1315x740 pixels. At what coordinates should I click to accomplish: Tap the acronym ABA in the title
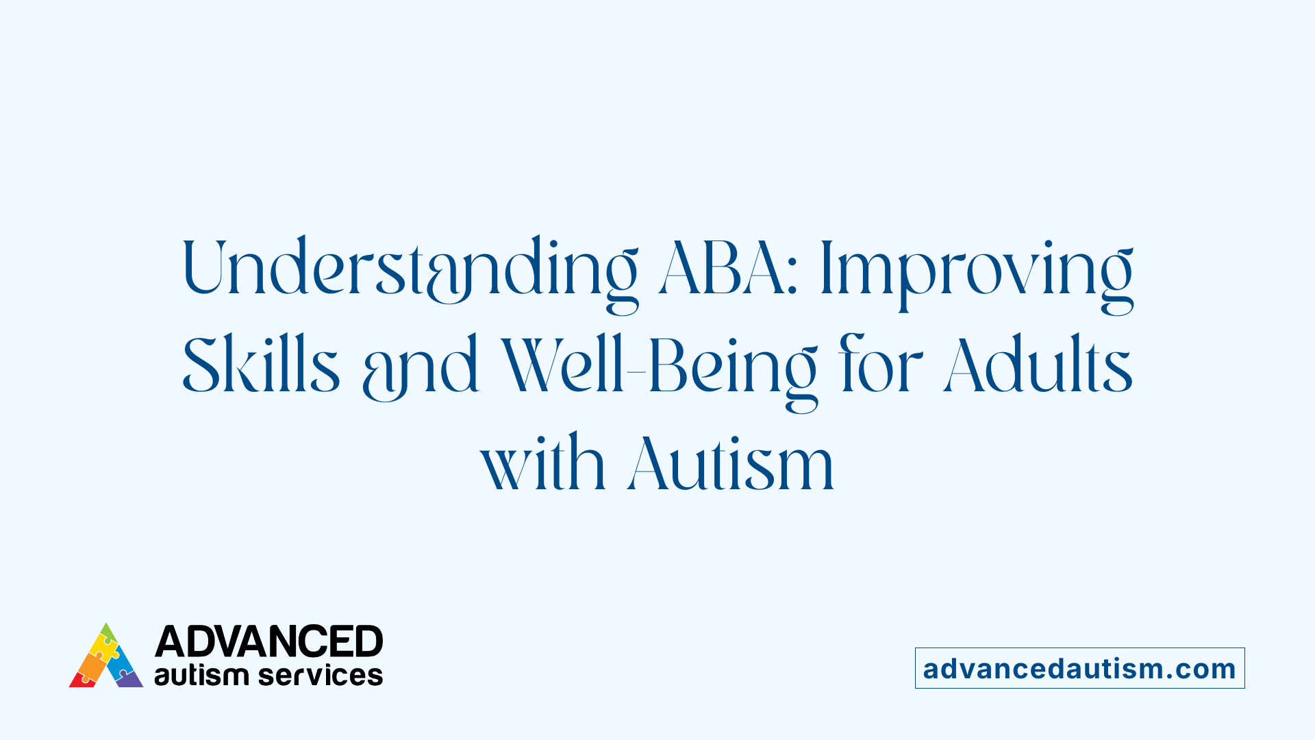(x=723, y=269)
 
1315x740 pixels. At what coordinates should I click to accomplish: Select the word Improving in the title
(x=976, y=271)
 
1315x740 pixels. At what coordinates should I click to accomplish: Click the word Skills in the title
(x=261, y=366)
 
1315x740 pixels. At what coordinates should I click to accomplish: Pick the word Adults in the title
(x=1038, y=366)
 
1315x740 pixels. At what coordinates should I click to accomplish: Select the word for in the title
(x=880, y=366)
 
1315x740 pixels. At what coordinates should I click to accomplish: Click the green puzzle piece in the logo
(x=107, y=632)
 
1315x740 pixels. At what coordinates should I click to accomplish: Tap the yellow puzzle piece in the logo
(x=104, y=647)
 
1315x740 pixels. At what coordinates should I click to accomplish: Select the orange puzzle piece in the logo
(x=90, y=665)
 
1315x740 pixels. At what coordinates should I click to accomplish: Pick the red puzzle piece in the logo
(x=82, y=680)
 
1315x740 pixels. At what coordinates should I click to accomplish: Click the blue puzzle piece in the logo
(x=121, y=662)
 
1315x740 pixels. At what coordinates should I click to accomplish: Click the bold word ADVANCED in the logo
(x=268, y=641)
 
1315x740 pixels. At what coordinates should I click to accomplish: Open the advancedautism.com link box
(x=1079, y=668)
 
